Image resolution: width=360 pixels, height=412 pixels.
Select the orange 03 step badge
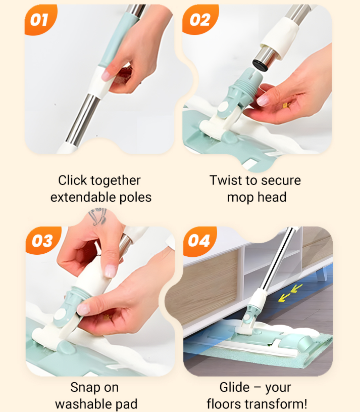(x=42, y=240)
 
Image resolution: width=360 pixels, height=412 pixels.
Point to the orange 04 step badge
(x=199, y=241)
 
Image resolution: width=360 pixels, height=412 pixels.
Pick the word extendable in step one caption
(x=83, y=197)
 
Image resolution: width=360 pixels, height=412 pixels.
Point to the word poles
(x=135, y=198)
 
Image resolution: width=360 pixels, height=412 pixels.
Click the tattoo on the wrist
(x=97, y=216)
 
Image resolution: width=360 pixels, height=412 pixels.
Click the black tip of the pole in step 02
(x=260, y=65)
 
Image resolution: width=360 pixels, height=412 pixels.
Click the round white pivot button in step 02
(x=223, y=107)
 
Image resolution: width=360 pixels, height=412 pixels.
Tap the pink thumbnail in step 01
(x=107, y=75)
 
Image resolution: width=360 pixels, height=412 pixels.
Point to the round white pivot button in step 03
(x=61, y=314)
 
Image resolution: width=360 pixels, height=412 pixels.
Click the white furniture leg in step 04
(x=322, y=274)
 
